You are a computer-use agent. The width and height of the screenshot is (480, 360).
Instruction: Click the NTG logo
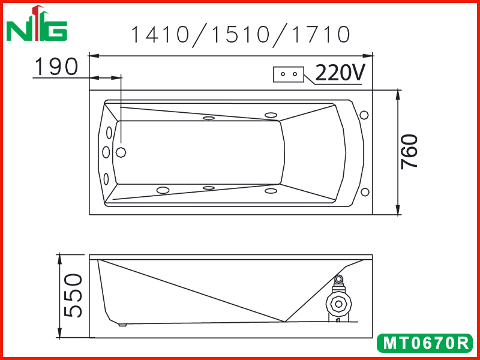(37, 23)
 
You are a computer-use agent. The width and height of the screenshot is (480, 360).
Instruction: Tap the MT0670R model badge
(425, 343)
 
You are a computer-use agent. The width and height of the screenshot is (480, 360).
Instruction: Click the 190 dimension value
(56, 67)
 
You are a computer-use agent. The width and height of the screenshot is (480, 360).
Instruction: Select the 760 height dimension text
(410, 151)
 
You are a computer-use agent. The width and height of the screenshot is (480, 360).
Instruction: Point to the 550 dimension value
(73, 296)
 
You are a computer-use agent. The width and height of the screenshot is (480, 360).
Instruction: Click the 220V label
(340, 73)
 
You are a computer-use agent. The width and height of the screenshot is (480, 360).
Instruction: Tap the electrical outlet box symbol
(289, 74)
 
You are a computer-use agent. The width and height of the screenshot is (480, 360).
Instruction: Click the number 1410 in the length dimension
(160, 34)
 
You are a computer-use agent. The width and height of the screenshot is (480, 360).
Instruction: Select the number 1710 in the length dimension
(320, 34)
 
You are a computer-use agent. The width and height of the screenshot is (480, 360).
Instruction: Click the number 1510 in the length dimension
(240, 34)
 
